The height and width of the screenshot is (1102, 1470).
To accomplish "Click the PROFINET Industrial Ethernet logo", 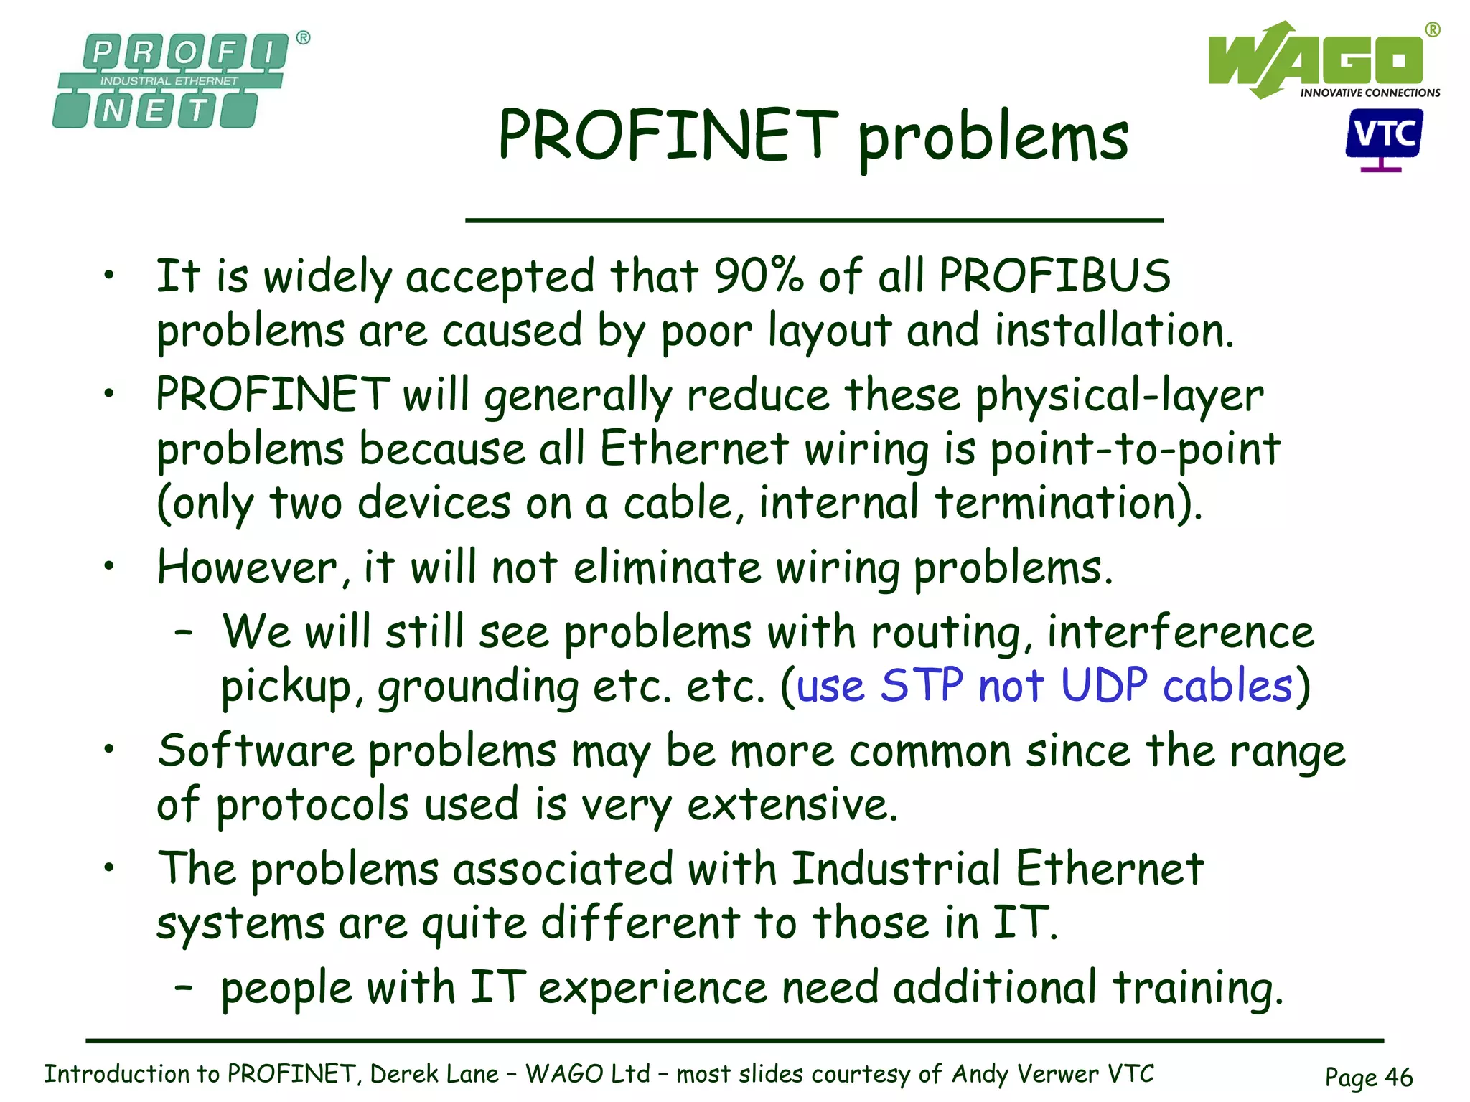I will pos(170,80).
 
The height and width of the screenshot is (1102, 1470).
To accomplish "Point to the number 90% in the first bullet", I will pos(758,276).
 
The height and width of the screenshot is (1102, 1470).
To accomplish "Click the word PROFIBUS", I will pos(1054,276).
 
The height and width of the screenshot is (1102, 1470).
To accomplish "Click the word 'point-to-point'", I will pos(1135,450).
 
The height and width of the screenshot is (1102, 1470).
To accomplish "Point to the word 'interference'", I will pos(1180,633).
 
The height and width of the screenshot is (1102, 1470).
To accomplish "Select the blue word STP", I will pos(922,686).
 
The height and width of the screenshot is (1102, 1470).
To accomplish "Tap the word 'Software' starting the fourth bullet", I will pos(256,751).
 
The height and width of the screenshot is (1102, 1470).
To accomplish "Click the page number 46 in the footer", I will pos(1398,1077).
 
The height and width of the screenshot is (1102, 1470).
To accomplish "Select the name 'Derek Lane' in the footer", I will pos(434,1074).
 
